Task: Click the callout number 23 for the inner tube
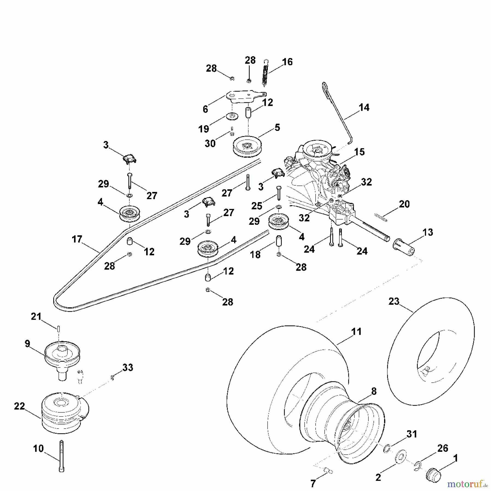(394, 302)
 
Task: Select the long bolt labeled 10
(61, 456)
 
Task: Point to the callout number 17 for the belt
(77, 239)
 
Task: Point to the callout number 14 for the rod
(364, 107)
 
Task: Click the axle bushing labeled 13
(404, 247)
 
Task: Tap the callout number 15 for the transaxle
(359, 152)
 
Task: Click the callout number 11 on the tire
(357, 332)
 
